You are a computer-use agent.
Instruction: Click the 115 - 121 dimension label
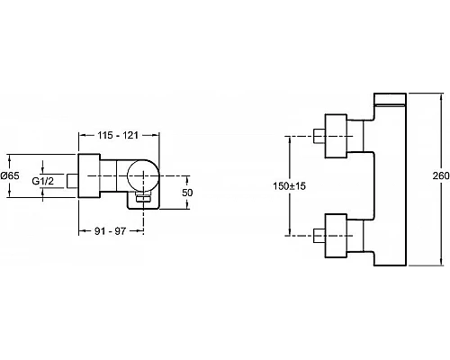[118, 135]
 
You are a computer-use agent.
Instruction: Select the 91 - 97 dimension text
[110, 231]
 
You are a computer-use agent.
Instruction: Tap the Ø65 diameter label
[10, 175]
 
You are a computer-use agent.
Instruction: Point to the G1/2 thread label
[42, 181]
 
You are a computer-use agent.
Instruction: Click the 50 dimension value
[187, 193]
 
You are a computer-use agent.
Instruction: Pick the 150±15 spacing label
[289, 186]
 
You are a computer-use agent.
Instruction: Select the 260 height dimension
[441, 175]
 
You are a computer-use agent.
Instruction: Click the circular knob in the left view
[143, 175]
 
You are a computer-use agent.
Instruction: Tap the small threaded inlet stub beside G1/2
[72, 181]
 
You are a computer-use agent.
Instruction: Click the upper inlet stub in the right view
[319, 136]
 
